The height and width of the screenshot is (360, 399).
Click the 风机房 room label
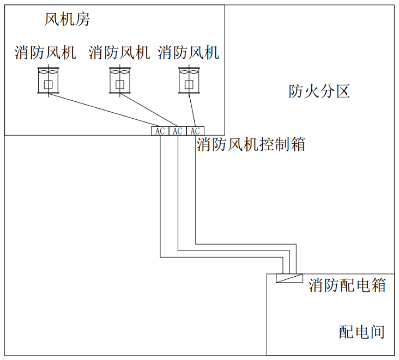[x=67, y=21]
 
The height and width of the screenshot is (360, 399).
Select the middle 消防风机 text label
[x=119, y=53]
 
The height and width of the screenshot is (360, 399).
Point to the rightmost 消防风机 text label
[x=189, y=53]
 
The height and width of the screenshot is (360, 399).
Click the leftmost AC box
[x=160, y=131]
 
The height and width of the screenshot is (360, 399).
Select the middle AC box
[x=178, y=131]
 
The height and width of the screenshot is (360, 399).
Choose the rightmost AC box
[x=195, y=131]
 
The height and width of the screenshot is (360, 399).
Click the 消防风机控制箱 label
[x=251, y=145]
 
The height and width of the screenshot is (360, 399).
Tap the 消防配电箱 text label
[x=347, y=285]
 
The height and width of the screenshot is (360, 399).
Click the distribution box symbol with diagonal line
[x=287, y=278]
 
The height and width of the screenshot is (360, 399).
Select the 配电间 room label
[x=362, y=332]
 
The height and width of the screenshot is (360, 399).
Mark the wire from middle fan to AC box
[x=147, y=109]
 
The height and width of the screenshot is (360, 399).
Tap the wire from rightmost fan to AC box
[x=192, y=109]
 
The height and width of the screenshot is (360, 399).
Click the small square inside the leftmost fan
[x=49, y=84]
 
